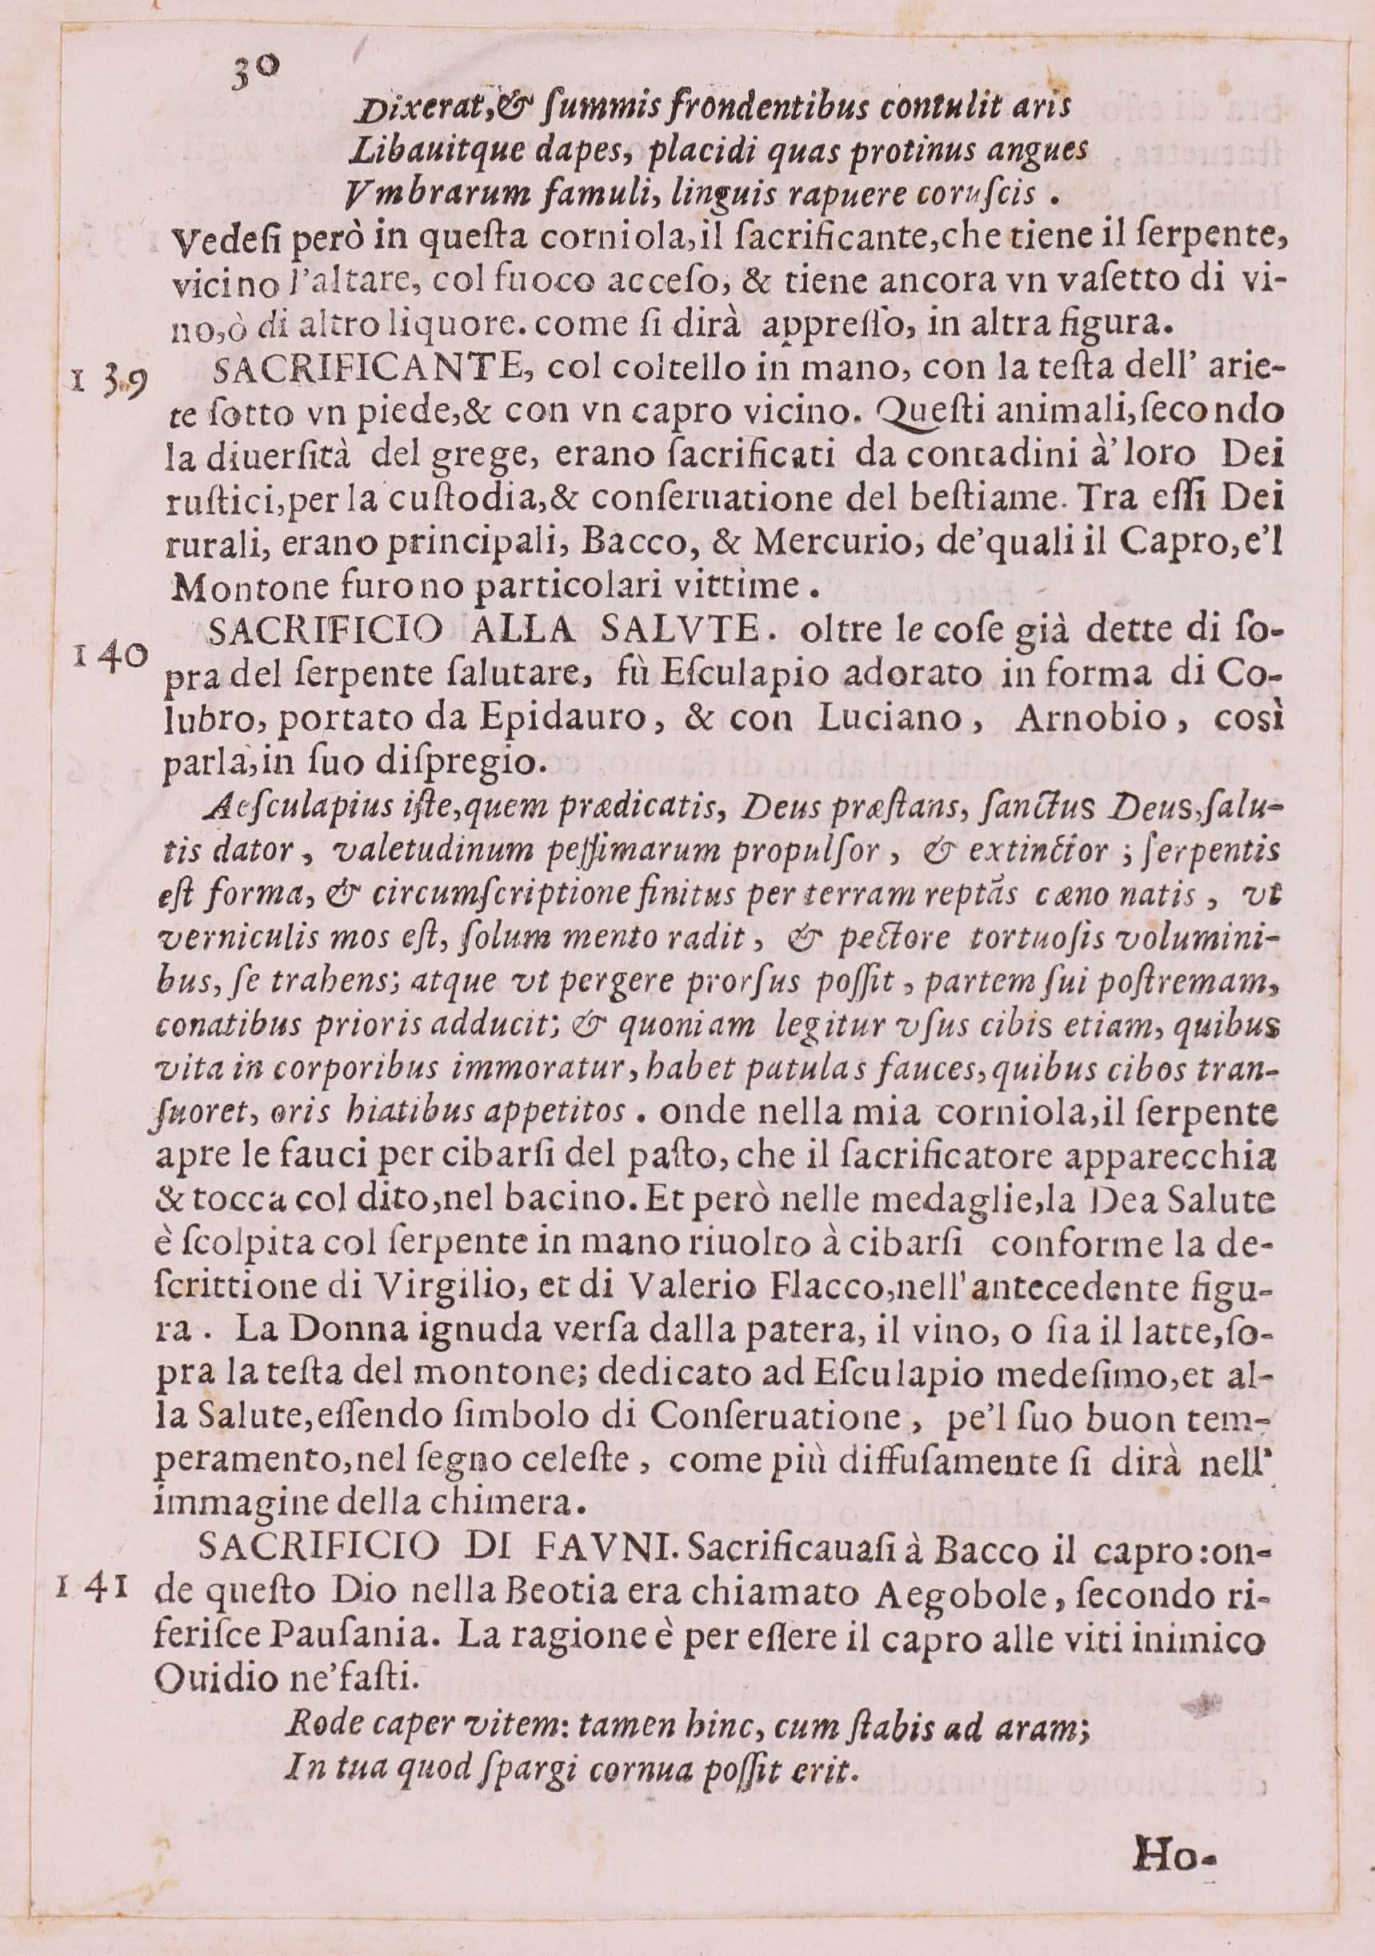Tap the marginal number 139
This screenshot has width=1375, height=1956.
coord(110,384)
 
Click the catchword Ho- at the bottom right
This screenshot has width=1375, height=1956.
coord(1173,1869)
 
